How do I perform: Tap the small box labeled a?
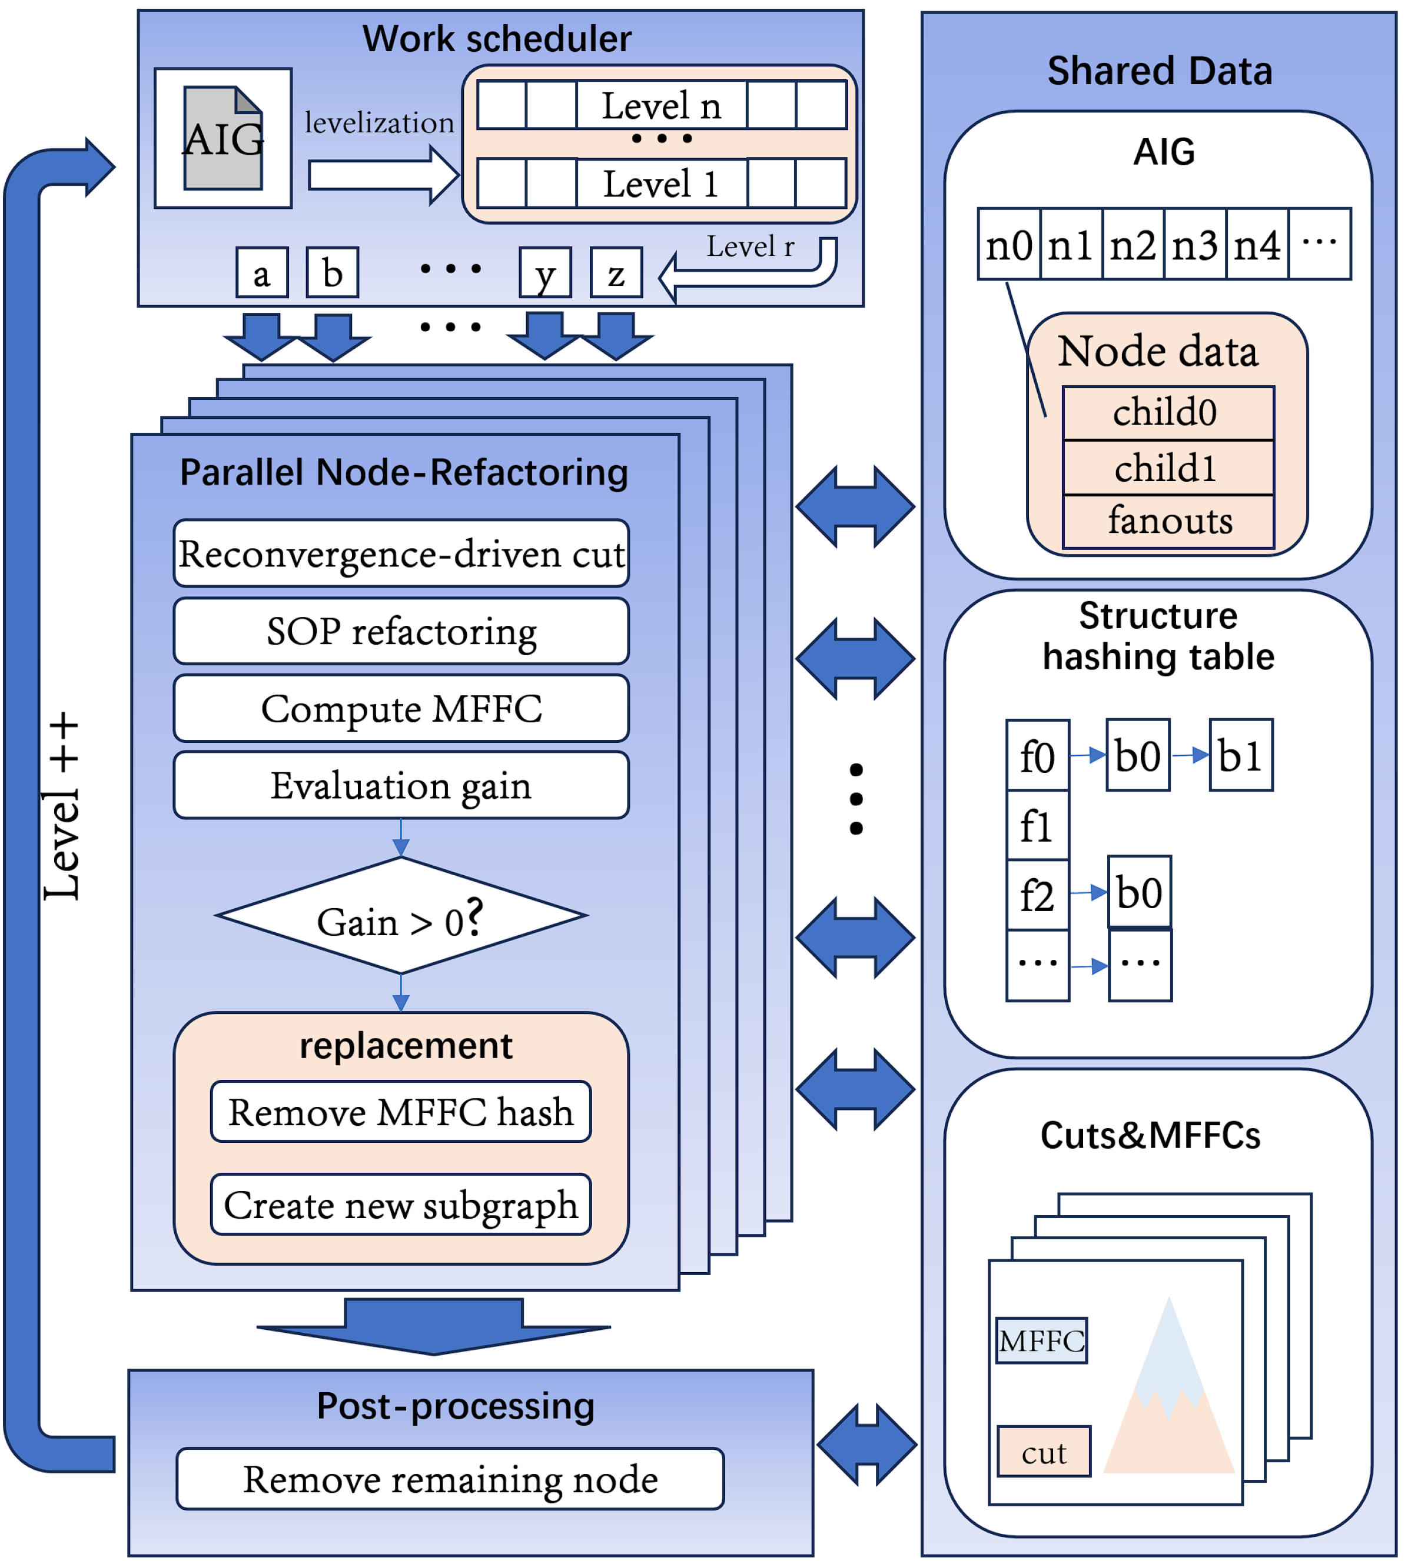click(x=261, y=273)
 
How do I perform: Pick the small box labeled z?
click(x=616, y=273)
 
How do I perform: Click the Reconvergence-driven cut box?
click(x=401, y=553)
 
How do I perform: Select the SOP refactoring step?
click(x=401, y=631)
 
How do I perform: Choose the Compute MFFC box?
click(x=401, y=708)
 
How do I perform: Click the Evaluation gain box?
click(x=401, y=786)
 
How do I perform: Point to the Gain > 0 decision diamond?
click(x=401, y=916)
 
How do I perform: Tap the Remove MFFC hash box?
click(x=401, y=1112)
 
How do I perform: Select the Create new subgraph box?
click(x=401, y=1205)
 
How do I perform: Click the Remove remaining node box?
click(x=450, y=1479)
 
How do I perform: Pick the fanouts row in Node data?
click(x=1168, y=521)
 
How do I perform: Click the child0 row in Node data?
click(x=1168, y=413)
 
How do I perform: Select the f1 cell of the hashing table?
click(x=1037, y=826)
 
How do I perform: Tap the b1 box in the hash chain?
click(x=1240, y=755)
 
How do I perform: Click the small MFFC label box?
click(x=1041, y=1340)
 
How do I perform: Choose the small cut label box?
click(x=1044, y=1452)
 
